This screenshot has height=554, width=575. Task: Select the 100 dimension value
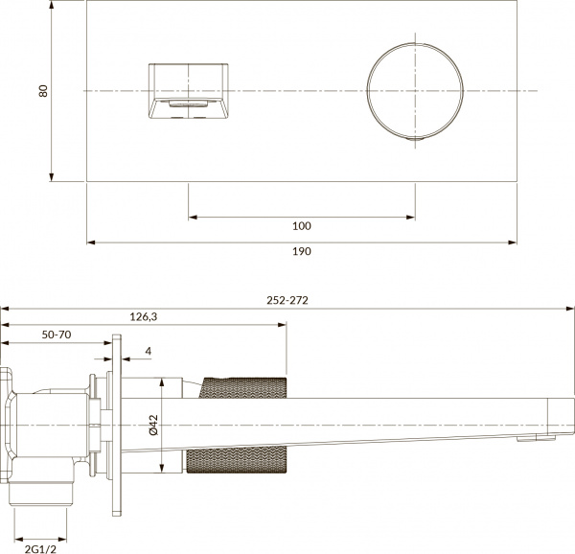(x=301, y=226)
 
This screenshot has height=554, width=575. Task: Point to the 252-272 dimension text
(x=287, y=299)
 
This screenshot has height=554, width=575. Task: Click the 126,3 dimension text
(x=143, y=316)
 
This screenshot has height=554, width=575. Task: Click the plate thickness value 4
(x=148, y=353)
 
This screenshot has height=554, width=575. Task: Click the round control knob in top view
(x=415, y=90)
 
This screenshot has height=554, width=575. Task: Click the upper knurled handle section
(x=244, y=388)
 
